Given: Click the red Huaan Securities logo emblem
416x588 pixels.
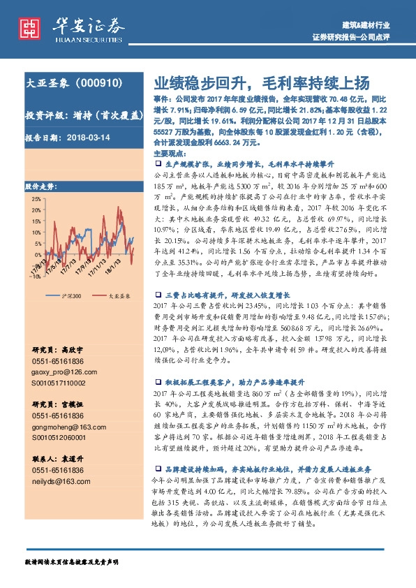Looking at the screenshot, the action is pos(29,29).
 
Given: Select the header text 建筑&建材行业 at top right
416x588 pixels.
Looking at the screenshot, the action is pos(380,25).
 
